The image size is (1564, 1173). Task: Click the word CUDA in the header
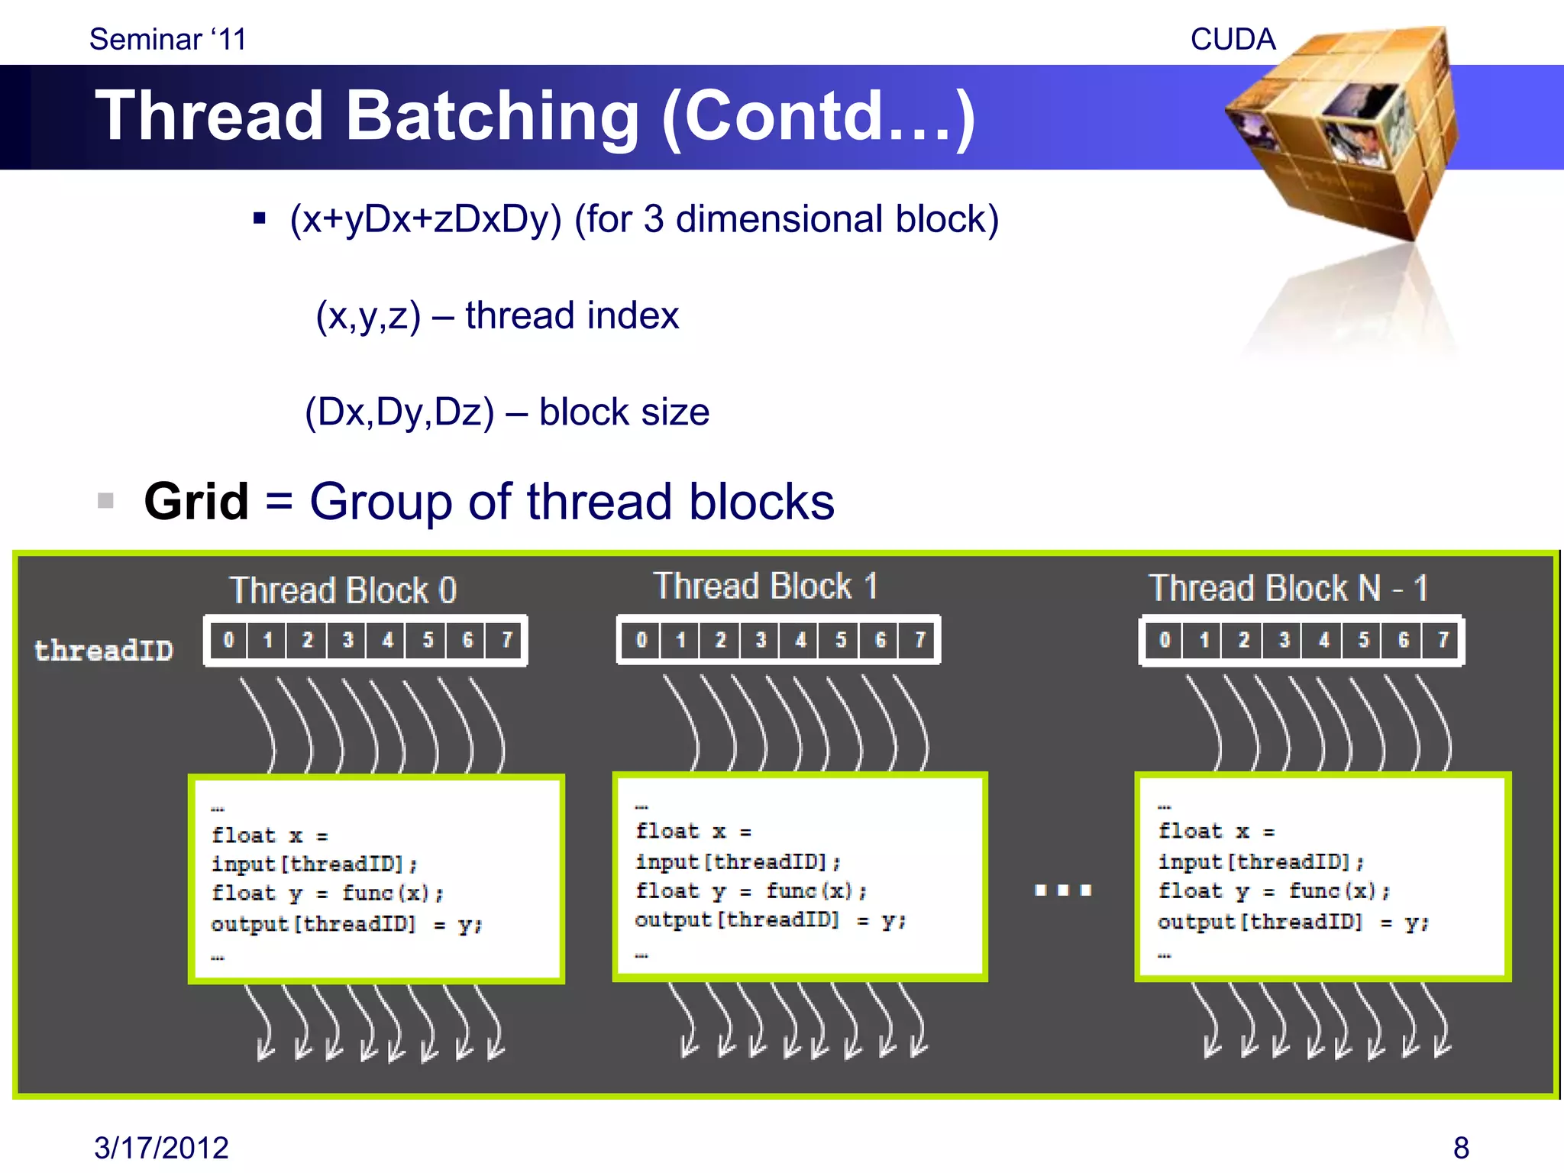coord(1233,40)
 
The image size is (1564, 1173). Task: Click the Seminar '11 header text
coord(168,40)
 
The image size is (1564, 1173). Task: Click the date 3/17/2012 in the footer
coord(161,1148)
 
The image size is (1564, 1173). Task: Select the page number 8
coord(1461,1148)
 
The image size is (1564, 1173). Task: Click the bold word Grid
coord(196,502)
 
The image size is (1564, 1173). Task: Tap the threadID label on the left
coord(104,650)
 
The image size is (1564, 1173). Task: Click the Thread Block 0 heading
coord(343,590)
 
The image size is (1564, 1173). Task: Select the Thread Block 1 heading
coord(765,586)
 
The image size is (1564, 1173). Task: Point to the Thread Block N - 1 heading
coord(1288,588)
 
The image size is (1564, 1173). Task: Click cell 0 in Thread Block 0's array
coord(228,640)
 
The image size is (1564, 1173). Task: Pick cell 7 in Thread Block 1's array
coord(919,639)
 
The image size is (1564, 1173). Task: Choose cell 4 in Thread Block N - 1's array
coord(1323,639)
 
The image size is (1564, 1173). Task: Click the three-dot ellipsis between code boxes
coord(1062,890)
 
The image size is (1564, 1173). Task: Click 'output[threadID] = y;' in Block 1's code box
coord(770,920)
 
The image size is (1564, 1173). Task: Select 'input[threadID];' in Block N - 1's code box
coord(1261,862)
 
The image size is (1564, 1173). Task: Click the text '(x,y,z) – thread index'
coord(497,315)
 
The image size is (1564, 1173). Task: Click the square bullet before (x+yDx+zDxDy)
coord(260,219)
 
